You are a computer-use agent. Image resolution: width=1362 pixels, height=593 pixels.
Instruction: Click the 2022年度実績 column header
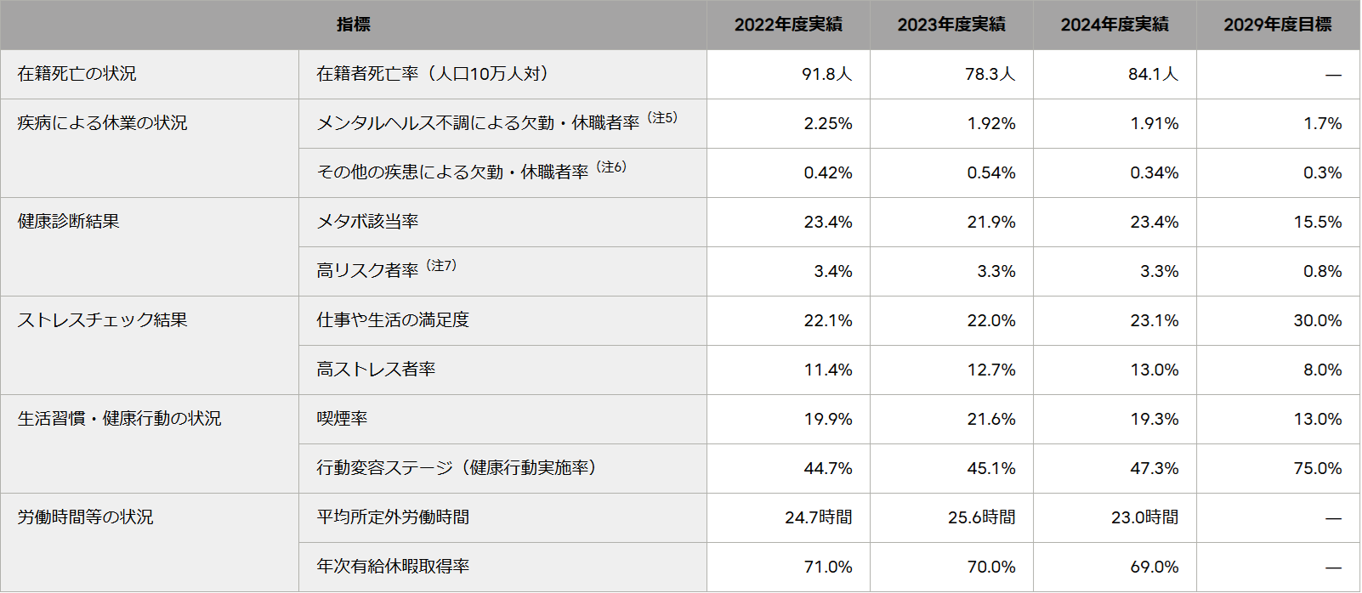pyautogui.click(x=788, y=25)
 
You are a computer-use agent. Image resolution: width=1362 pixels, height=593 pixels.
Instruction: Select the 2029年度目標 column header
pyautogui.click(x=1277, y=25)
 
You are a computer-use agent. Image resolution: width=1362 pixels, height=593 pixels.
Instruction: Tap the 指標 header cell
pyautogui.click(x=353, y=25)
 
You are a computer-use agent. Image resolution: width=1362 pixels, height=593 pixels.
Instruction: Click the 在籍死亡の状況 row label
pyautogui.click(x=77, y=74)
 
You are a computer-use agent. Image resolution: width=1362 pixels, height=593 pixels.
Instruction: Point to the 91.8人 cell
pyautogui.click(x=826, y=74)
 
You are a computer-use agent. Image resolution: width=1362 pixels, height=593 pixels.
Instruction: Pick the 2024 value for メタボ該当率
pyautogui.click(x=1154, y=222)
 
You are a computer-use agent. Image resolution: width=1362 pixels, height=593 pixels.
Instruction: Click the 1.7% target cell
pyautogui.click(x=1322, y=123)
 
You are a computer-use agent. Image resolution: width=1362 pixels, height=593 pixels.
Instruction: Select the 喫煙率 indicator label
pyautogui.click(x=342, y=419)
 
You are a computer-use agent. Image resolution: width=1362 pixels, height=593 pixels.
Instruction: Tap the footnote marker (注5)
pyautogui.click(x=662, y=118)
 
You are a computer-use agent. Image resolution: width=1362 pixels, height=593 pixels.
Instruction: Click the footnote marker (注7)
pyautogui.click(x=441, y=266)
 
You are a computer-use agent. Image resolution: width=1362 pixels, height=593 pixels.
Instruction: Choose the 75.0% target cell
pyautogui.click(x=1317, y=468)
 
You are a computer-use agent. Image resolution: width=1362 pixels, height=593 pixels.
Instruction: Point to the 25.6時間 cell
pyautogui.click(x=981, y=517)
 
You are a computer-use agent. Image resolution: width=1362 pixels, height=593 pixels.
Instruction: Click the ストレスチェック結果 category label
pyautogui.click(x=102, y=320)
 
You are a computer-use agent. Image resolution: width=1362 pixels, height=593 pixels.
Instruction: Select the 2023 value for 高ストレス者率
pyautogui.click(x=990, y=370)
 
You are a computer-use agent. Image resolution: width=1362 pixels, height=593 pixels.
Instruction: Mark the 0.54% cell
pyautogui.click(x=990, y=172)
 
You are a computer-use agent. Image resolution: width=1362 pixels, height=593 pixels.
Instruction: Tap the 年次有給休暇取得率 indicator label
pyautogui.click(x=393, y=567)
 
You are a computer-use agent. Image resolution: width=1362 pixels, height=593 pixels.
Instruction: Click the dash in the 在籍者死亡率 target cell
pyautogui.click(x=1332, y=75)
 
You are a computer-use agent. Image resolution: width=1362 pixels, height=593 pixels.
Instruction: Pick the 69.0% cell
pyautogui.click(x=1154, y=567)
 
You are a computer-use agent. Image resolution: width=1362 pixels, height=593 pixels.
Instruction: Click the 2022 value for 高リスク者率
pyautogui.click(x=832, y=271)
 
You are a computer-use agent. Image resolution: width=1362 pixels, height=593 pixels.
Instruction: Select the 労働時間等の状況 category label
pyautogui.click(x=85, y=517)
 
